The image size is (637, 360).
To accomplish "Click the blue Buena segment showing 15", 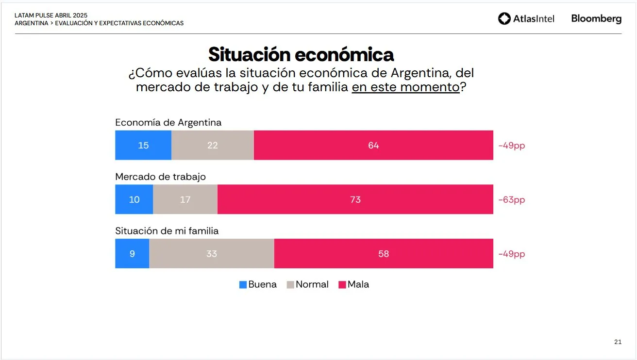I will click(143, 145).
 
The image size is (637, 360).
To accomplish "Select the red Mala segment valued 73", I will click(355, 199).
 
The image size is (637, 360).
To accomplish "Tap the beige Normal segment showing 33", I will click(212, 254).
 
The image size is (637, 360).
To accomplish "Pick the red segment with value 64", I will click(373, 145).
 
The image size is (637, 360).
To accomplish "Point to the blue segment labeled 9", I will click(132, 254).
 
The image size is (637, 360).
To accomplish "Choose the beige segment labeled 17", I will click(185, 199).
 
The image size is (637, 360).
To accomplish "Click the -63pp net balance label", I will click(512, 199).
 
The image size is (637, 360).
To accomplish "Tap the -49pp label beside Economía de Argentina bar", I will click(512, 146).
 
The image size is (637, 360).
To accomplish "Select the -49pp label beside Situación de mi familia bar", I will click(512, 254).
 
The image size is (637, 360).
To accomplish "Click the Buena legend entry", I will click(258, 285).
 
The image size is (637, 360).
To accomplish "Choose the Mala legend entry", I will click(353, 285).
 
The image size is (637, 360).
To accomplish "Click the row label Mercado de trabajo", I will click(160, 177).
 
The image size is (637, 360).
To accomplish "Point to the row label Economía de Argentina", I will click(168, 122).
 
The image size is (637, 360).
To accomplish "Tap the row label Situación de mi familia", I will click(167, 231).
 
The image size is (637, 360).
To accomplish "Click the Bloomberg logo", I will click(596, 19).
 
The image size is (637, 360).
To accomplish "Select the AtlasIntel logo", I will click(526, 19).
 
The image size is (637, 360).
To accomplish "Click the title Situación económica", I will click(301, 54).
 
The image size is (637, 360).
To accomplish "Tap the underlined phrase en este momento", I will click(405, 87).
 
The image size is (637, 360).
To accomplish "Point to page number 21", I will click(618, 342).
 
